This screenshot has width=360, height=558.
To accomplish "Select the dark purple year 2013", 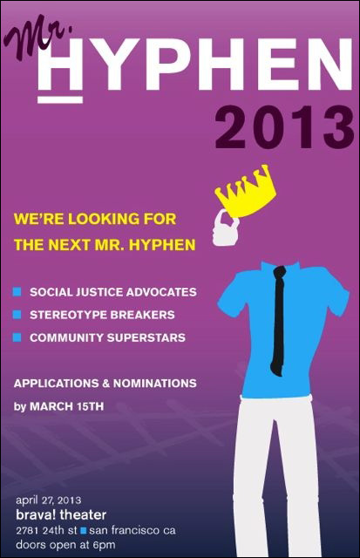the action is pyautogui.click(x=284, y=127).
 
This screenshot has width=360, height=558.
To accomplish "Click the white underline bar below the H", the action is pyautogui.click(x=60, y=99).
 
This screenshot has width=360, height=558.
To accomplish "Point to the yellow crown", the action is pyautogui.click(x=246, y=192).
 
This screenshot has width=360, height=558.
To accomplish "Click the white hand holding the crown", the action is pyautogui.click(x=225, y=228).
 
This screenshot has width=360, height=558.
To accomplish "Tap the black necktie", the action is pyautogui.click(x=278, y=320).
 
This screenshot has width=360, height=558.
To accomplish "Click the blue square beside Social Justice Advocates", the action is pyautogui.click(x=17, y=292).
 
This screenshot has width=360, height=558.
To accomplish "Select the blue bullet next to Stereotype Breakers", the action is pyautogui.click(x=17, y=315).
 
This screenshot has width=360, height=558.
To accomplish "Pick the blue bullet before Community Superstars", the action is pyautogui.click(x=17, y=337).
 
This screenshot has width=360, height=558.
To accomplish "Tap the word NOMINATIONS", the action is pyautogui.click(x=155, y=384).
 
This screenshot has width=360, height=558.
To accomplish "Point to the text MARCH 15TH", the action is pyautogui.click(x=66, y=406).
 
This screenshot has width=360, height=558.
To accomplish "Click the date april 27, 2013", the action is pyautogui.click(x=49, y=500).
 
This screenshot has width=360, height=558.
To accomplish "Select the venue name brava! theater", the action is pyautogui.click(x=61, y=514).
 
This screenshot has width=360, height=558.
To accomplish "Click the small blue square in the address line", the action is pyautogui.click(x=84, y=531).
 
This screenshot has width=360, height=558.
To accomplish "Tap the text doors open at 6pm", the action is pyautogui.click(x=65, y=545).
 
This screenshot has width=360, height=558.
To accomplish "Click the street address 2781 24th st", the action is pyautogui.click(x=46, y=531).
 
